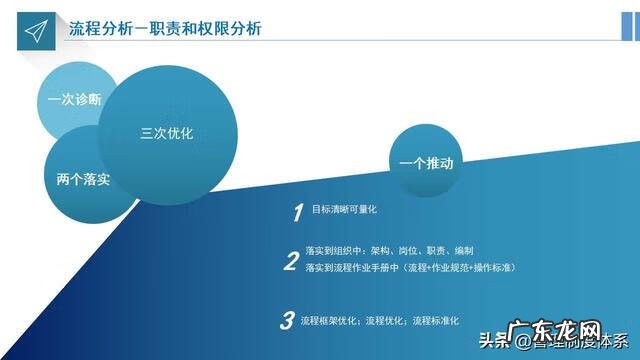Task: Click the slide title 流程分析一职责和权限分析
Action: [165, 28]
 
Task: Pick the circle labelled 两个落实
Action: [83, 179]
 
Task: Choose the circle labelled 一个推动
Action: [426, 162]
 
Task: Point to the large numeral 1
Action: [297, 213]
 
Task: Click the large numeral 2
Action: [291, 262]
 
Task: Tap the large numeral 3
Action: [287, 321]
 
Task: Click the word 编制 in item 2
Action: [462, 251]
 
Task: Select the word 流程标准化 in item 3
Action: [437, 321]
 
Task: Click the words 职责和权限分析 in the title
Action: [209, 28]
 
